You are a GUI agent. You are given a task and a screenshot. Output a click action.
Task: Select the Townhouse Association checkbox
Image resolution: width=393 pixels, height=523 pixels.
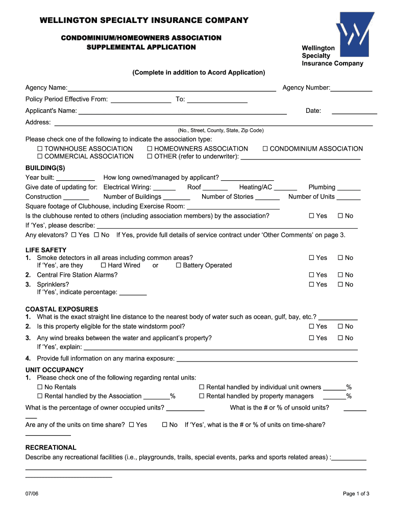tap(40, 149)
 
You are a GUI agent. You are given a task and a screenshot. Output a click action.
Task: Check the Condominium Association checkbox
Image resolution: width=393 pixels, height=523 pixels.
tap(265, 149)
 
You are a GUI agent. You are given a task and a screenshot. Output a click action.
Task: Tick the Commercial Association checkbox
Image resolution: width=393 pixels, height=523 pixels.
tap(40, 157)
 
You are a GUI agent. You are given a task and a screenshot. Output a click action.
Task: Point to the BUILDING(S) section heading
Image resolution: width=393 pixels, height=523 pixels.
tap(45, 168)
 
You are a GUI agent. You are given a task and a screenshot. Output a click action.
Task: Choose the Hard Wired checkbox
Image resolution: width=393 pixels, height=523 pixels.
tap(104, 266)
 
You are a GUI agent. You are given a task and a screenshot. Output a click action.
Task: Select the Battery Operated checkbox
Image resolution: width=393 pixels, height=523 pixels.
tap(179, 266)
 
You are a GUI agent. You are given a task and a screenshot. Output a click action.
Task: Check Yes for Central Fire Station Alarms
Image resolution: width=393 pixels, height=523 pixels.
tap(312, 275)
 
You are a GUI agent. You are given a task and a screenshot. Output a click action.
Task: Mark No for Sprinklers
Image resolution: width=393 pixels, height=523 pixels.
tap(340, 285)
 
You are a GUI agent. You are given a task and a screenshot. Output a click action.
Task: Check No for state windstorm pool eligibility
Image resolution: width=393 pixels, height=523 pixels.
tap(340, 327)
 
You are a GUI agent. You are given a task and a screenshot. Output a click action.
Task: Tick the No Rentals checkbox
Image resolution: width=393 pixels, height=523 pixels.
tap(40, 388)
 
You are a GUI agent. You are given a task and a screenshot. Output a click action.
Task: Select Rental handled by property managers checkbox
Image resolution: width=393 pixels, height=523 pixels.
tap(202, 396)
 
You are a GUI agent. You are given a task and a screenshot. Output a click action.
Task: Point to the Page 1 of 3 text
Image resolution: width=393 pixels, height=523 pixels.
tap(356, 494)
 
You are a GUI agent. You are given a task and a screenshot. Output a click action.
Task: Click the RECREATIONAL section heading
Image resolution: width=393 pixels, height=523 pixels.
tap(51, 447)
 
